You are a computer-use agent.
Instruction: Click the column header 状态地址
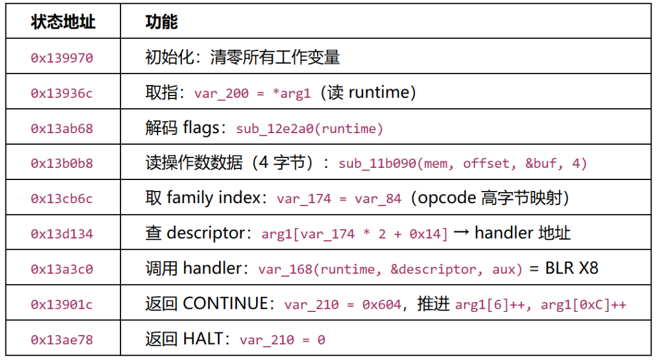(x=63, y=22)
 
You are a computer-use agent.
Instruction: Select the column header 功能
(x=162, y=22)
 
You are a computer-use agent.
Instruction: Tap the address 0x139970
(x=62, y=57)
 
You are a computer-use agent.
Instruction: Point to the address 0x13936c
(x=62, y=93)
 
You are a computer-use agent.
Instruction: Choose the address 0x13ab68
(x=62, y=128)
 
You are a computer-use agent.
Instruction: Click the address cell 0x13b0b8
(x=62, y=163)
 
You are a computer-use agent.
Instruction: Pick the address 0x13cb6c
(x=62, y=198)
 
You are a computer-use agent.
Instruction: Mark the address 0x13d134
(x=62, y=234)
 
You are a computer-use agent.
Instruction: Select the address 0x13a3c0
(x=62, y=269)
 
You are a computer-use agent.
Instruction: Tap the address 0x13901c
(x=62, y=304)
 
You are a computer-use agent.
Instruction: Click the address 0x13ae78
(x=62, y=339)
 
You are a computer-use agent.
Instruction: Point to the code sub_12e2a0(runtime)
(x=310, y=129)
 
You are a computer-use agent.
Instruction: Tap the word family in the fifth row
(x=188, y=198)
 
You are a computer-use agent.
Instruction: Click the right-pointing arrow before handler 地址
(x=461, y=233)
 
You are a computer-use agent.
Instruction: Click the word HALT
(x=203, y=339)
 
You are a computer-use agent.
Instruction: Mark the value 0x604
(x=382, y=305)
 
